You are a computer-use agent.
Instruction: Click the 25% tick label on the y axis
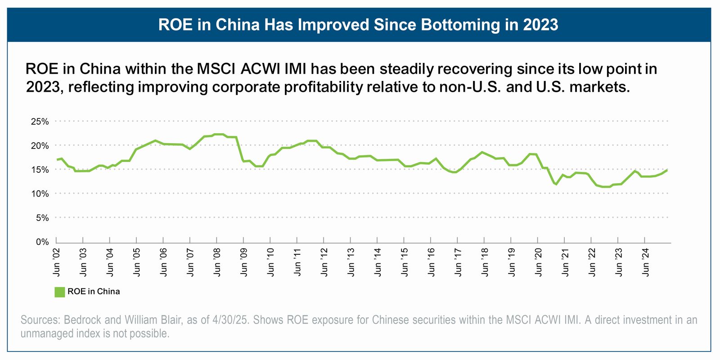click(x=40, y=121)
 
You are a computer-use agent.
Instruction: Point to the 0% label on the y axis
click(x=42, y=242)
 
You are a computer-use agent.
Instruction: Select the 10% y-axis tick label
click(x=40, y=194)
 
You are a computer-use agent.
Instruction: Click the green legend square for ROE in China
click(x=59, y=292)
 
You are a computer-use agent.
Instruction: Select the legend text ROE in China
click(x=94, y=292)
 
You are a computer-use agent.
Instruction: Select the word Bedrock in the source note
click(x=83, y=320)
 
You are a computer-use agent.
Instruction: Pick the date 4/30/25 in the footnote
click(x=230, y=320)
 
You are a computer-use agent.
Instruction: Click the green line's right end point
click(x=667, y=170)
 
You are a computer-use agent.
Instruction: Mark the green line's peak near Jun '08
click(x=218, y=134)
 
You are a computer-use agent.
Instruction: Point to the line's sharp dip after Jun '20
click(x=556, y=184)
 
